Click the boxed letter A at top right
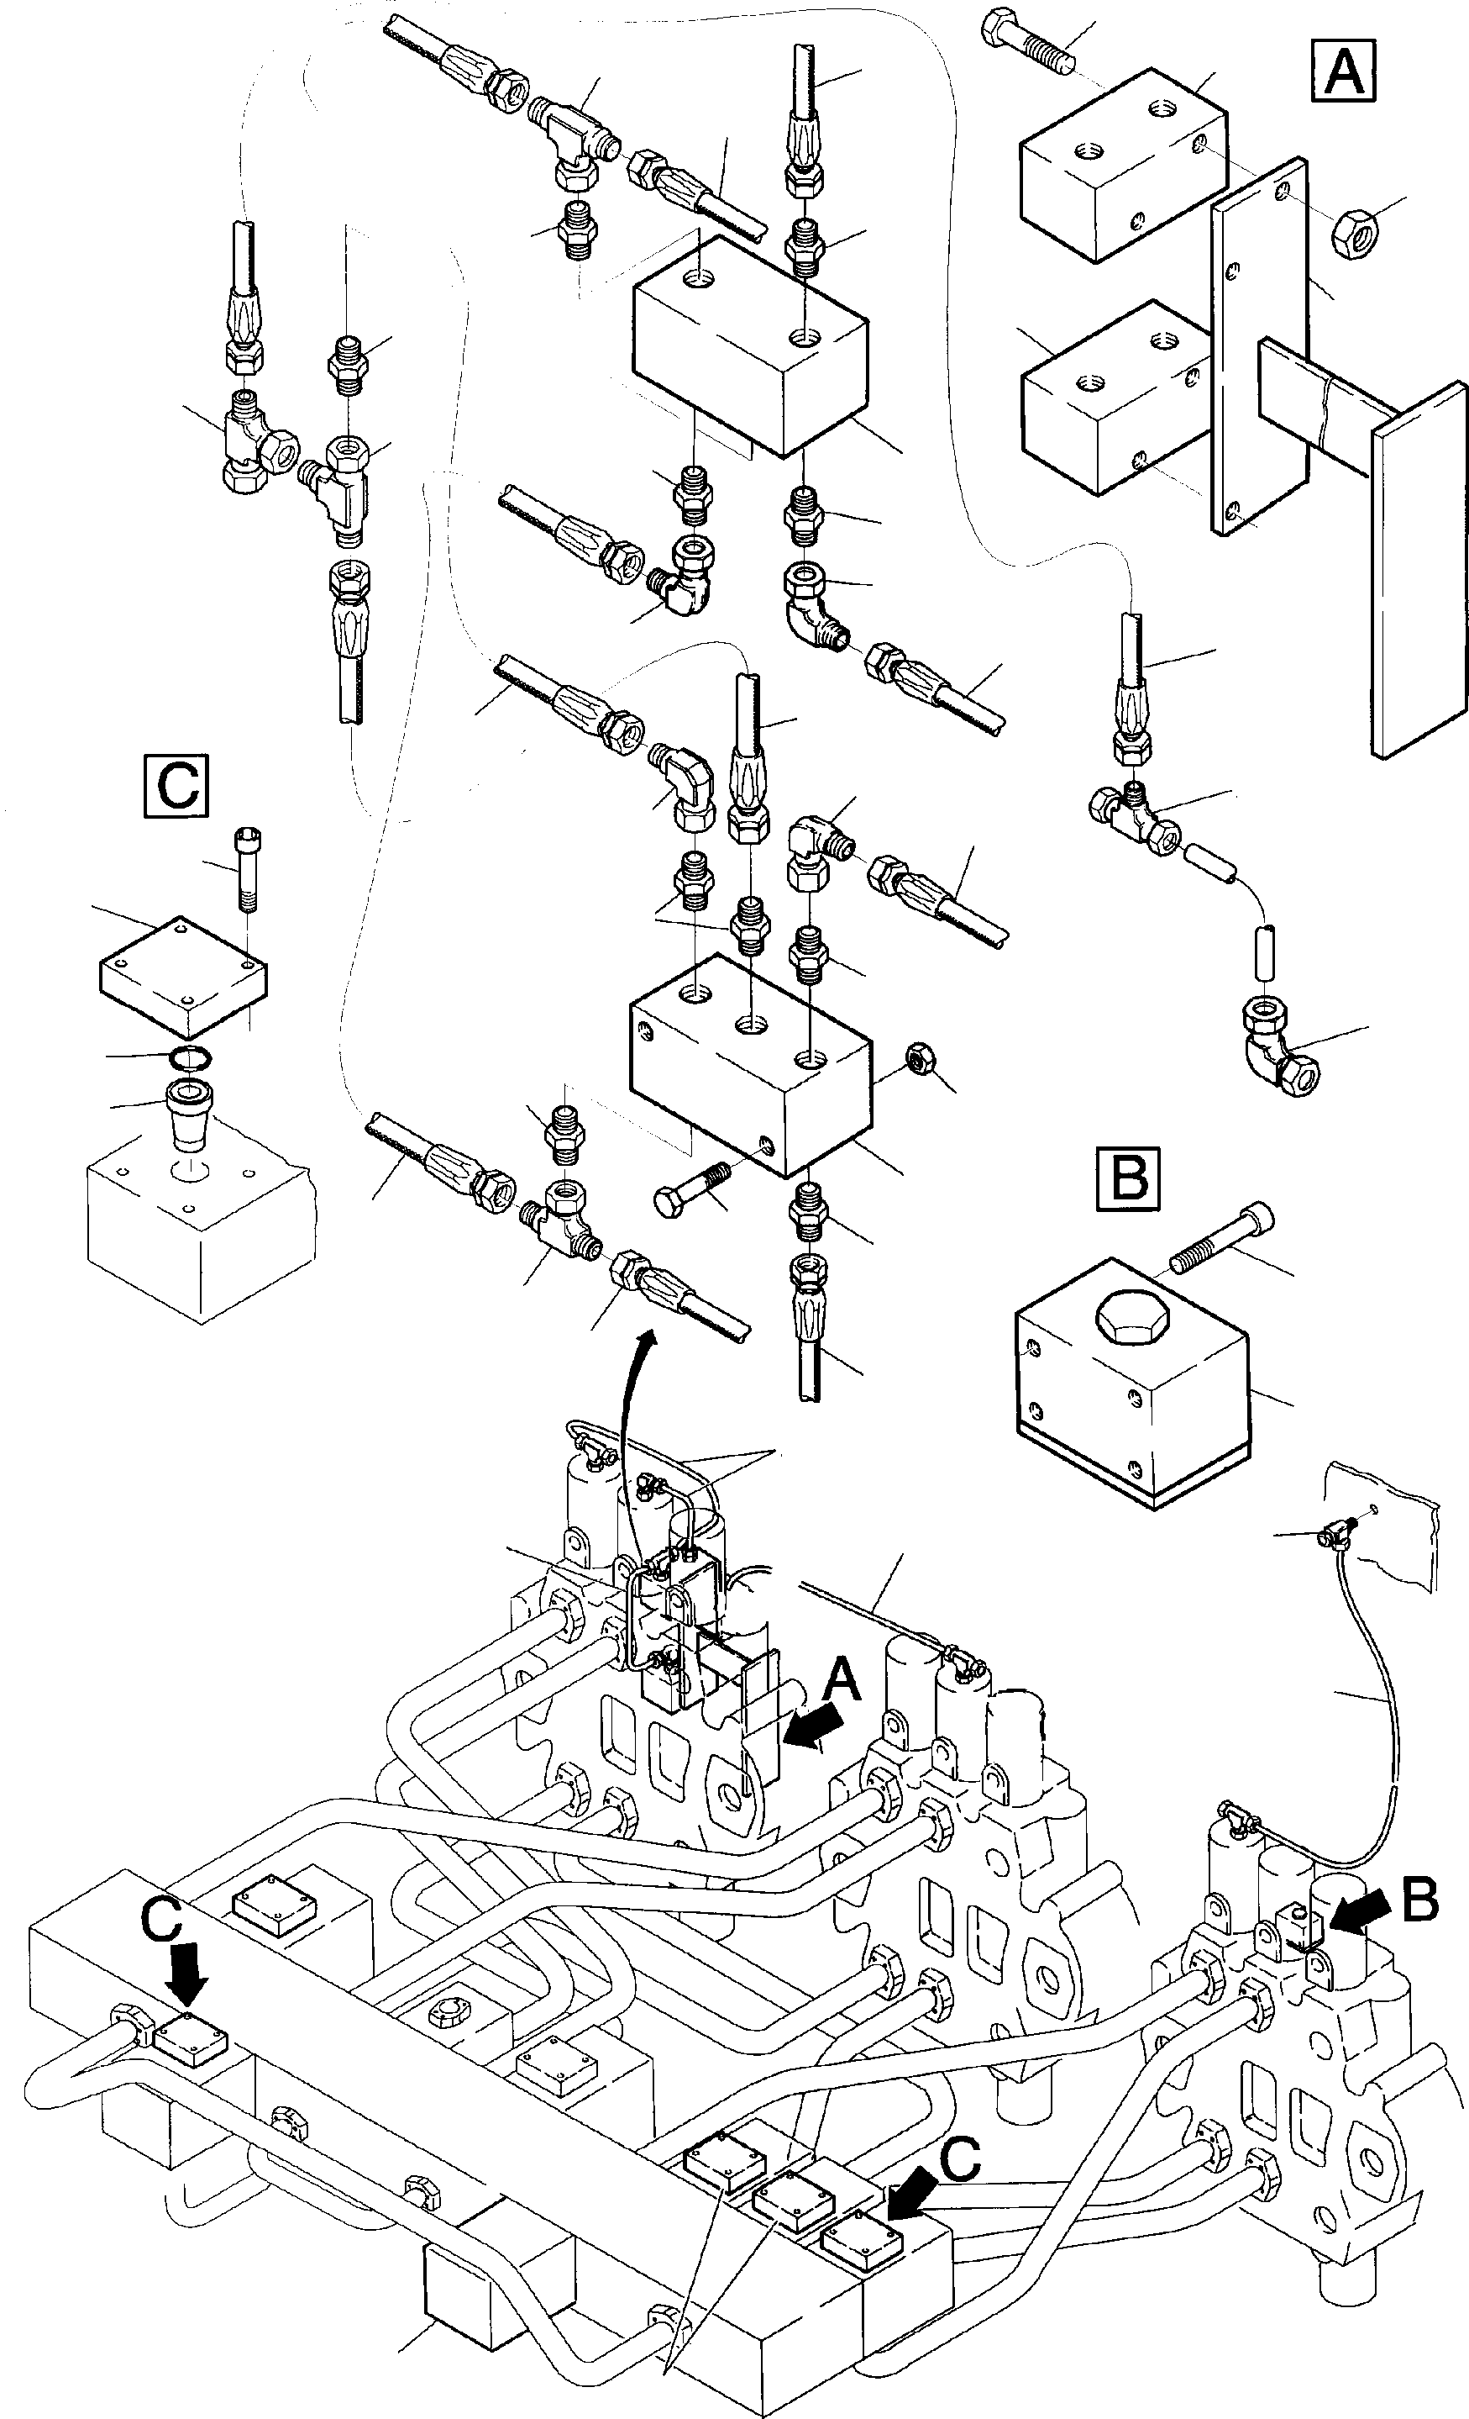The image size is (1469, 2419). pyautogui.click(x=1343, y=71)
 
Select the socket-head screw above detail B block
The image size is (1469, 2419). pyautogui.click(x=1223, y=1241)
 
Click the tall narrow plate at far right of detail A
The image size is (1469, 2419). pyautogui.click(x=1419, y=569)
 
